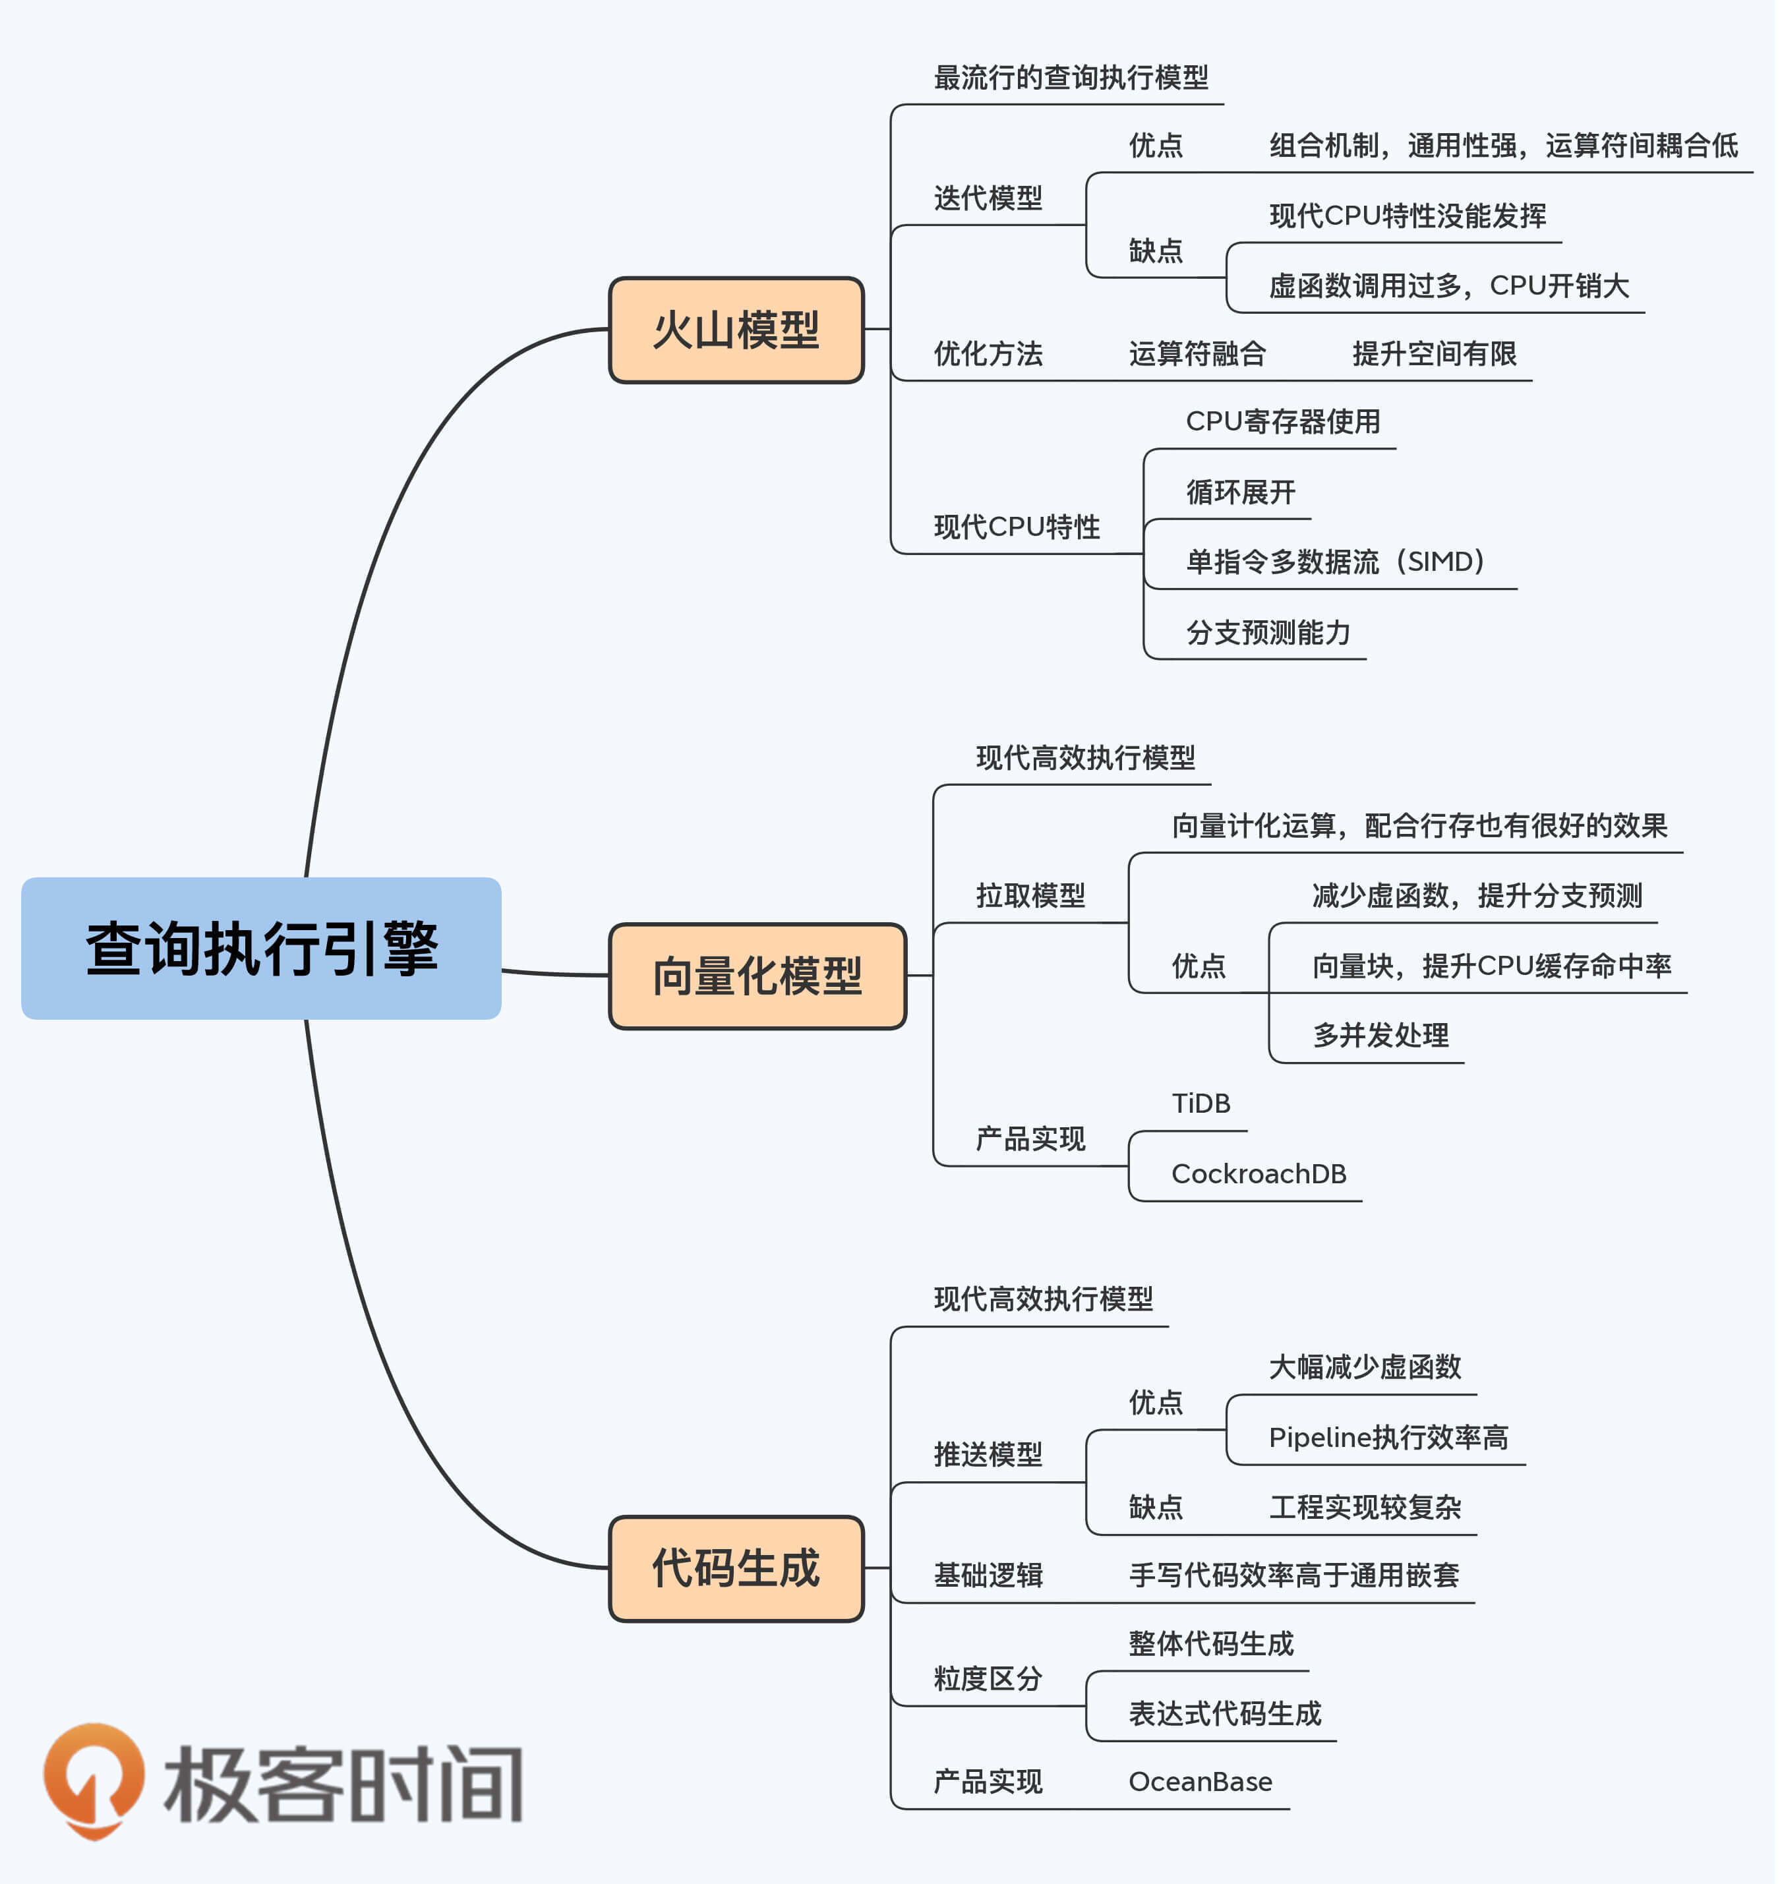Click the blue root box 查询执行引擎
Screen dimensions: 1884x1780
[x=261, y=949]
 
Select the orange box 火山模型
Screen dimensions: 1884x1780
[x=736, y=330]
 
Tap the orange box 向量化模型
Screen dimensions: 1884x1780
[x=757, y=976]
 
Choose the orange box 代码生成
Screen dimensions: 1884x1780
[x=736, y=1568]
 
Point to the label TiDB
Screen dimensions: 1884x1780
[x=1201, y=1104]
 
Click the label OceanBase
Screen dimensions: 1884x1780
[x=1201, y=1782]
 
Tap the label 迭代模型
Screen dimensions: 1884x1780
[x=988, y=198]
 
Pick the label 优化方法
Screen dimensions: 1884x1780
[x=988, y=354]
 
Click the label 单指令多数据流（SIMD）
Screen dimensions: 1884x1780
[x=1335, y=562]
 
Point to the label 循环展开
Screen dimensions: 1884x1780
[x=1240, y=492]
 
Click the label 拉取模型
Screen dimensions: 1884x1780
[x=1030, y=895]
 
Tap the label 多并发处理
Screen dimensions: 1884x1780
[x=1380, y=1035]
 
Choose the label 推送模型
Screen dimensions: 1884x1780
[x=988, y=1454]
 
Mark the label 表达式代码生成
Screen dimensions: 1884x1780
[x=1225, y=1713]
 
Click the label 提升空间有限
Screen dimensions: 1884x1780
[x=1434, y=354]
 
